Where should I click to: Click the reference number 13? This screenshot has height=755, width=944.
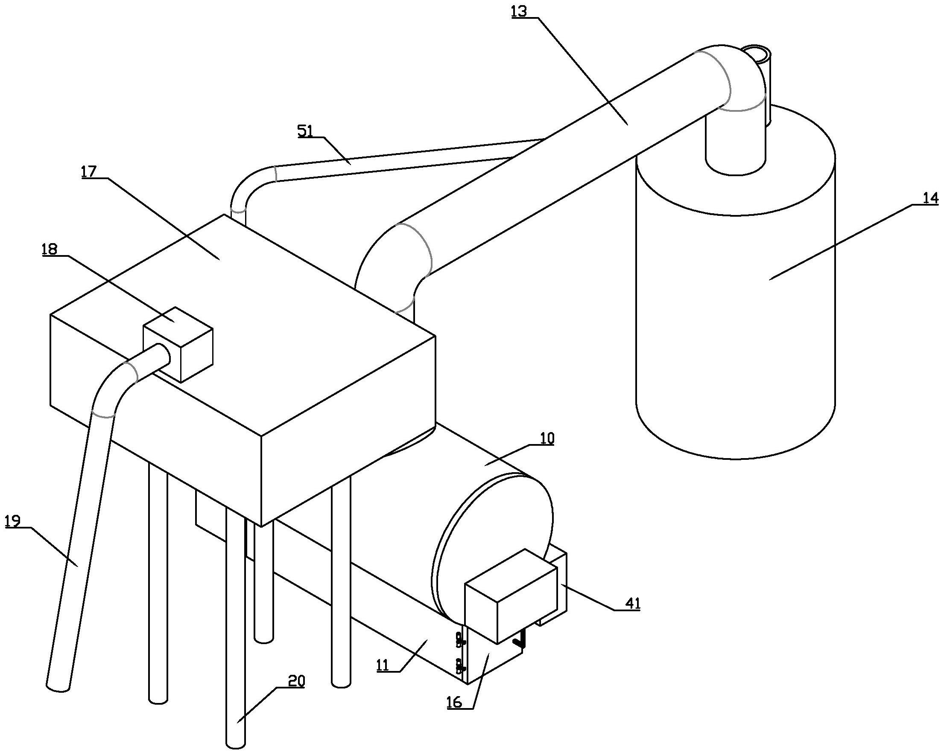click(520, 11)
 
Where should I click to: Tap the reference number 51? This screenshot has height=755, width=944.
click(306, 131)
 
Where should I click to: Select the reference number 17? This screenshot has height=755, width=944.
click(88, 171)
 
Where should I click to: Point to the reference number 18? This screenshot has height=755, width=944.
click(49, 250)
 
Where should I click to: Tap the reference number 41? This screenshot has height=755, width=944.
click(632, 603)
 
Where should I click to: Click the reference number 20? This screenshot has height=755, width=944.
click(296, 681)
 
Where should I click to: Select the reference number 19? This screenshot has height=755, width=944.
click(13, 521)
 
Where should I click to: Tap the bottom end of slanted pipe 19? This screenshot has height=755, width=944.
click(58, 687)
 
